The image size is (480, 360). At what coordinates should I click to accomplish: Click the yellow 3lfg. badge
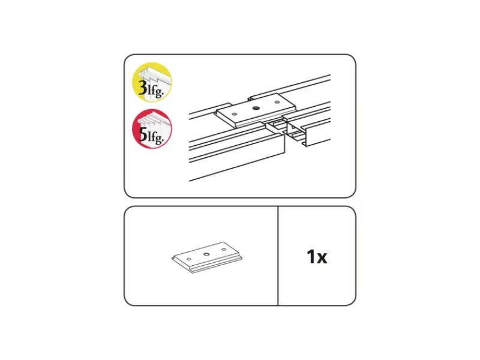(x=152, y=82)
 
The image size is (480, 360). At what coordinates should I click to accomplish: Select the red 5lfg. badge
(x=152, y=129)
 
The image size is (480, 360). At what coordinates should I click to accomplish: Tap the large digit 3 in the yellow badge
(x=143, y=89)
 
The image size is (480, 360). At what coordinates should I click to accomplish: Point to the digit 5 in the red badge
(x=143, y=134)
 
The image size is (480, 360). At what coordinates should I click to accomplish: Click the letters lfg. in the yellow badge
(x=155, y=91)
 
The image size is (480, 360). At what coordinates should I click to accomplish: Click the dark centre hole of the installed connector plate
(x=256, y=108)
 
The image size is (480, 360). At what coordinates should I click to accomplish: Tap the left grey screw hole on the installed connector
(x=235, y=114)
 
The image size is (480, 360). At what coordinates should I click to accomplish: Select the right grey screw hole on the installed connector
(x=277, y=102)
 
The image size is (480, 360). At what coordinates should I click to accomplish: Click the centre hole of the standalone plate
(x=206, y=254)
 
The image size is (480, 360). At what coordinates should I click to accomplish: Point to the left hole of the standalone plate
(x=189, y=259)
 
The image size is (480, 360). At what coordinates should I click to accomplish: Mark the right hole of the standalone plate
(x=224, y=250)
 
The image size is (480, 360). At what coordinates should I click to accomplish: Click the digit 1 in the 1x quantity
(x=311, y=257)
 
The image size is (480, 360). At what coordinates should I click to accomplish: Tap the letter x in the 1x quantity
(x=322, y=259)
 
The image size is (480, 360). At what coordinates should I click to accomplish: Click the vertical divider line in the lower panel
(x=278, y=256)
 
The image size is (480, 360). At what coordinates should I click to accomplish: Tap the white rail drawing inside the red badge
(x=152, y=125)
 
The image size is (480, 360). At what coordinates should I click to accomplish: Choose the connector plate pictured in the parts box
(x=206, y=257)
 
